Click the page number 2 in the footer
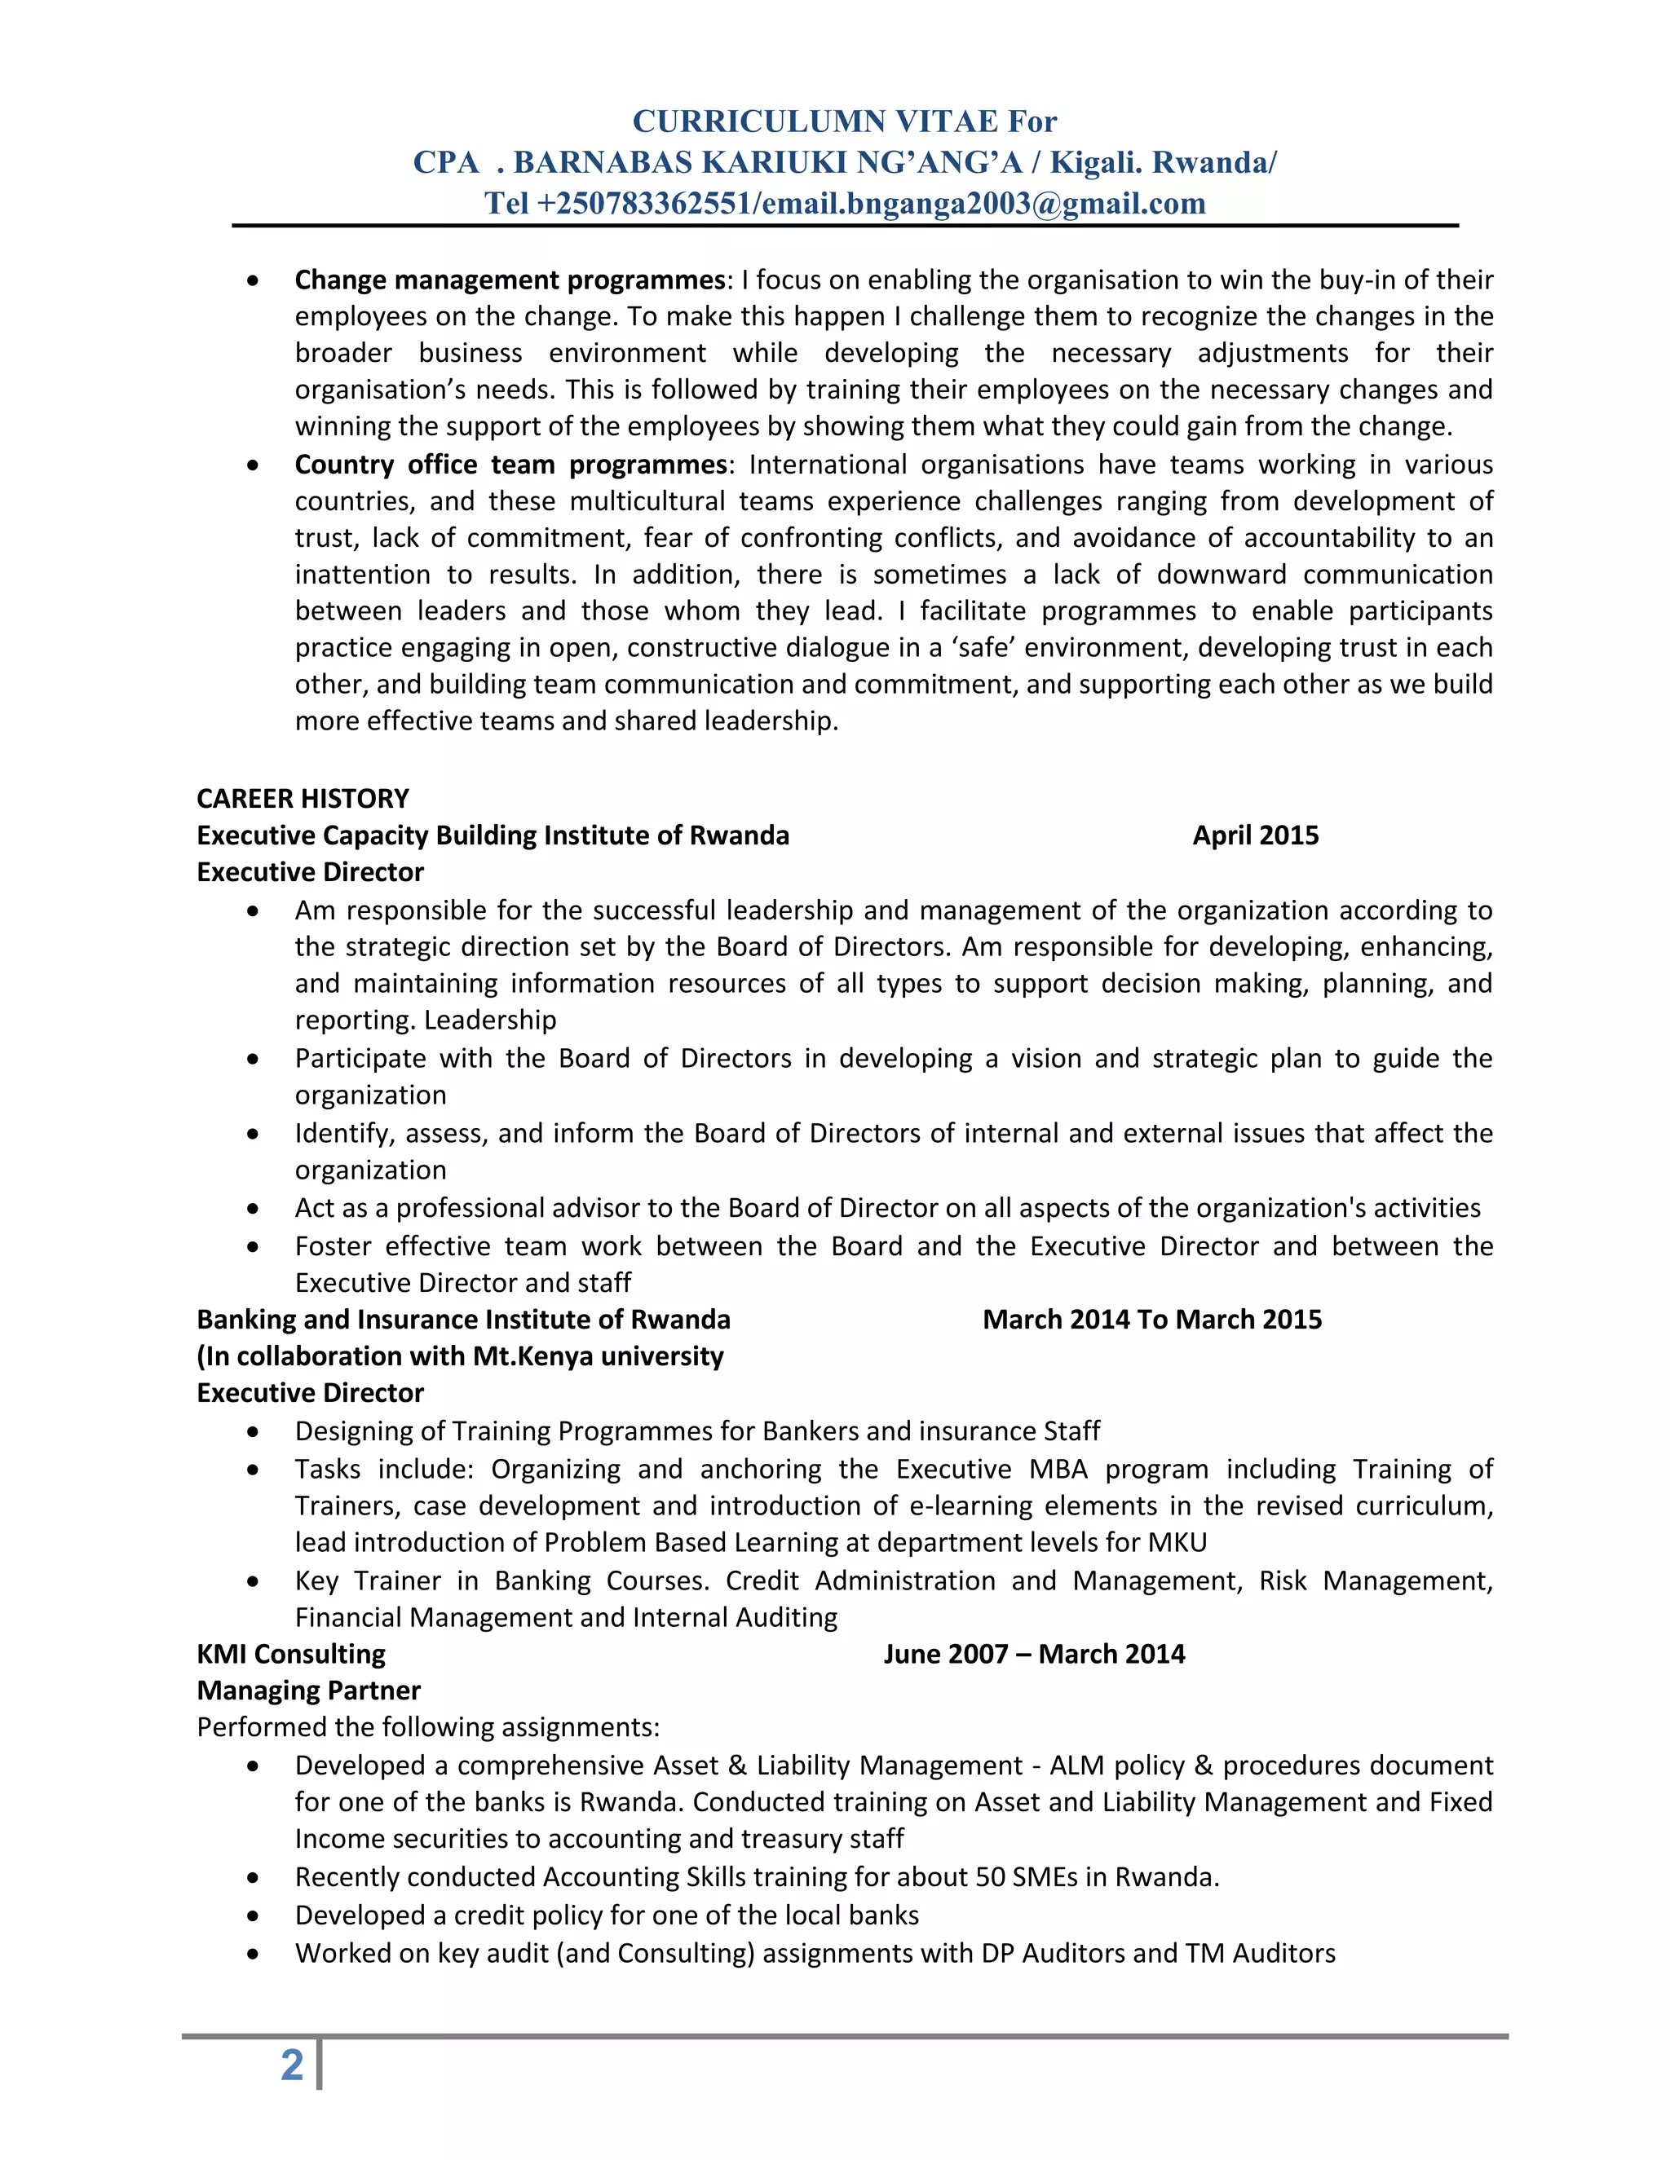[292, 2065]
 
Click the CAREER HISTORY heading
[303, 798]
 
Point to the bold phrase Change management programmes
[510, 280]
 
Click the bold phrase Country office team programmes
[510, 465]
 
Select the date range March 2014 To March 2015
[1151, 1320]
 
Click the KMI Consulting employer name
[291, 1654]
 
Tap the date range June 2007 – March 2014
[1034, 1654]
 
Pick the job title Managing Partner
[309, 1691]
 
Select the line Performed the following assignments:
[427, 1727]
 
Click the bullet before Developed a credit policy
[254, 1915]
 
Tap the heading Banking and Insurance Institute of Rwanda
[463, 1320]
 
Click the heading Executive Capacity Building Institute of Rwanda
[493, 835]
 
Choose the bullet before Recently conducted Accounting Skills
[254, 1877]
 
